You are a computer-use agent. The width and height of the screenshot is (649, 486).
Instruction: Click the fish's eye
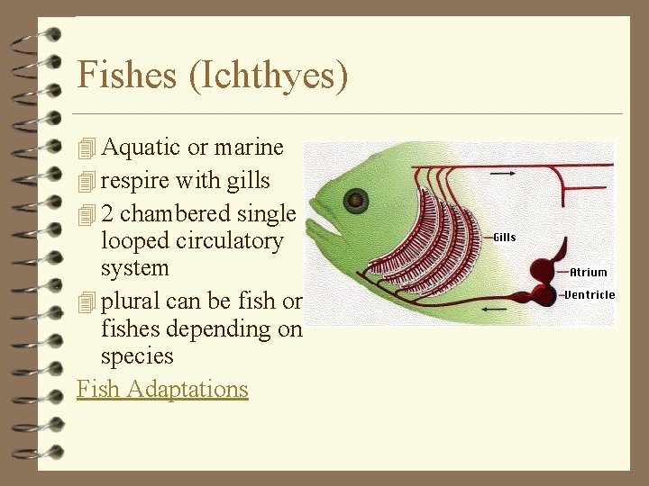(357, 200)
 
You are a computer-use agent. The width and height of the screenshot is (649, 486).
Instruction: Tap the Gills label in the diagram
(505, 238)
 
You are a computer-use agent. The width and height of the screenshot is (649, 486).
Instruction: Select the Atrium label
(589, 272)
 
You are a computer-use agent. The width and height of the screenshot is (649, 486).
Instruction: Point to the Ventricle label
(590, 294)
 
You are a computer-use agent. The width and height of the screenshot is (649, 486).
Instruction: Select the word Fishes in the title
(128, 75)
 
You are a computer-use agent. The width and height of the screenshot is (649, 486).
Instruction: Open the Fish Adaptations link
(162, 389)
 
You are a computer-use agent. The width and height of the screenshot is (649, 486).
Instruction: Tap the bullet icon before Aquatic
(87, 148)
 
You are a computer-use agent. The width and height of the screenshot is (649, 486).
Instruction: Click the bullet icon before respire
(87, 181)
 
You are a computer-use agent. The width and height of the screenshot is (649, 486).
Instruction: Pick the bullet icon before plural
(87, 301)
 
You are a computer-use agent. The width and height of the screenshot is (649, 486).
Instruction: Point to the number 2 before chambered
(108, 214)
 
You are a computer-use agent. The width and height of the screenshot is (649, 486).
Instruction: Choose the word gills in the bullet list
(248, 181)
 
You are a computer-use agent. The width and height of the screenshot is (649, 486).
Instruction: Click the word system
(135, 268)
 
